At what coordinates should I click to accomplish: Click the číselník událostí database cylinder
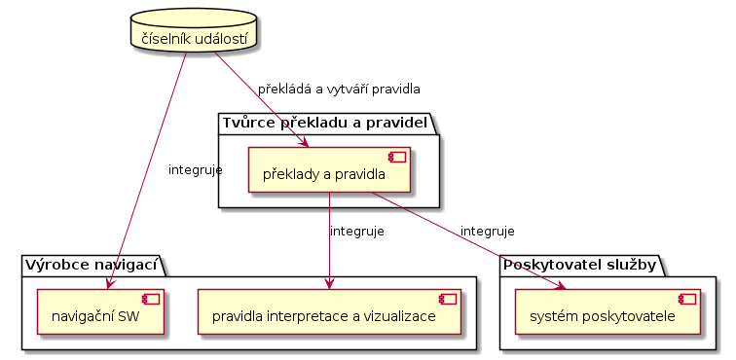tap(194, 30)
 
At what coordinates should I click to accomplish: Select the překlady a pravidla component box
tap(329, 169)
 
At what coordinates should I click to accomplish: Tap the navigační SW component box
tap(100, 311)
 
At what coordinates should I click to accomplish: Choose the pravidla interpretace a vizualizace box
tap(329, 311)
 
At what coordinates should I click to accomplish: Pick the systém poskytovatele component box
tap(607, 311)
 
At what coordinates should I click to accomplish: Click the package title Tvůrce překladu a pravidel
tap(324, 123)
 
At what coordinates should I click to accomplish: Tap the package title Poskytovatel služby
tap(579, 266)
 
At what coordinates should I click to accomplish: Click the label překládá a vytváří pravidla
tap(339, 90)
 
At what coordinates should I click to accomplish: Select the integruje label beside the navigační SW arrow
tap(196, 170)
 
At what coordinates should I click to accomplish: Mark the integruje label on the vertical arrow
tap(357, 231)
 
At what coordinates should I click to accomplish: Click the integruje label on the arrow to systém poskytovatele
tap(487, 231)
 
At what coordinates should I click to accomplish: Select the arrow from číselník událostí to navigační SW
tap(147, 170)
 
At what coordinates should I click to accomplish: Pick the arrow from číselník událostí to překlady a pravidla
tap(261, 99)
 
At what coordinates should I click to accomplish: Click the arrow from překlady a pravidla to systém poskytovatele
tap(469, 240)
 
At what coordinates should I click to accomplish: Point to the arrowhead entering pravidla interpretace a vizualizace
tap(330, 283)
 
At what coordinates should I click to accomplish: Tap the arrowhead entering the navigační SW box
tap(109, 283)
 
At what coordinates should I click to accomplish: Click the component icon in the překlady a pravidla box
tap(396, 158)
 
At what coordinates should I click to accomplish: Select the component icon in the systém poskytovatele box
tap(686, 300)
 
